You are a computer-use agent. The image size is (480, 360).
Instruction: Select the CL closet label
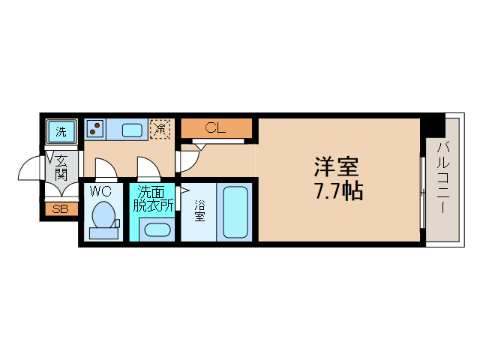(x=215, y=128)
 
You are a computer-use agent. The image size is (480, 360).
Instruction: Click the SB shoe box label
(x=60, y=209)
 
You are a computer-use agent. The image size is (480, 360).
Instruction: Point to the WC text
(x=100, y=191)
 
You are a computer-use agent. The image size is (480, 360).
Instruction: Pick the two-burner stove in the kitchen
(x=95, y=129)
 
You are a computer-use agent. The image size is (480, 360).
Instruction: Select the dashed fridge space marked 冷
(x=160, y=129)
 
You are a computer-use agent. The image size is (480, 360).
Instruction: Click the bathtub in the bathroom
(x=236, y=212)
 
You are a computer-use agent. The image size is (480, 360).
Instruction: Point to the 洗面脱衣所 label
(x=153, y=198)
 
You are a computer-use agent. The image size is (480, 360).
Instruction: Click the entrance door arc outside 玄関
(x=30, y=169)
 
